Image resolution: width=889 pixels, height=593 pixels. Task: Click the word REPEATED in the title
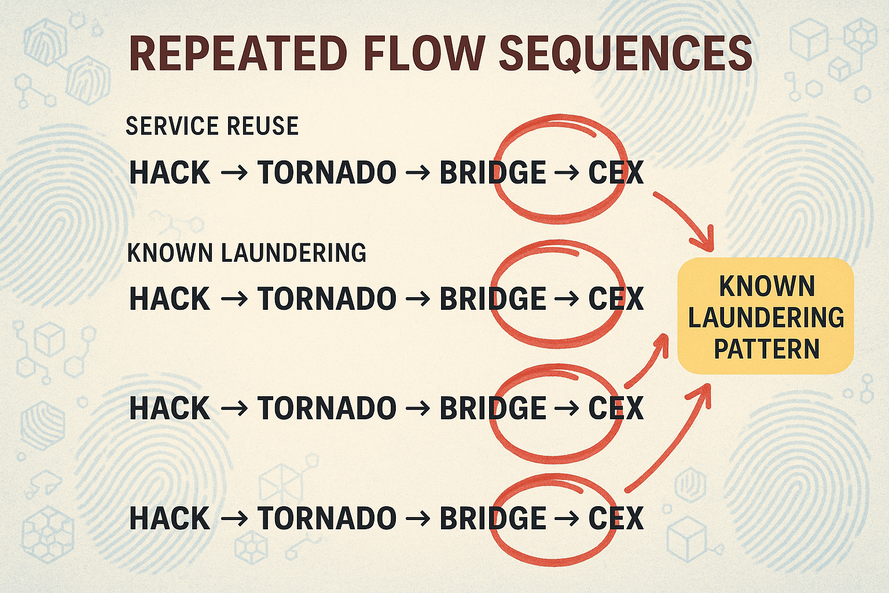click(x=237, y=54)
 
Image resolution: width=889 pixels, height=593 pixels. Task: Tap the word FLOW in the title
click(x=425, y=54)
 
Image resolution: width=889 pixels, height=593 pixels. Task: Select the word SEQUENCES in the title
click(x=625, y=54)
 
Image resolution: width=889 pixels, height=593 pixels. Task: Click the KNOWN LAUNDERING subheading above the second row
click(x=247, y=253)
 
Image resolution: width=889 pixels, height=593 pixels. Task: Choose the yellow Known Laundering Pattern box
click(x=766, y=316)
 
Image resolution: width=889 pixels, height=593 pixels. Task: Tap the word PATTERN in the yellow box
click(x=766, y=349)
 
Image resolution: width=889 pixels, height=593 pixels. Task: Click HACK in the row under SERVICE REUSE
click(x=170, y=173)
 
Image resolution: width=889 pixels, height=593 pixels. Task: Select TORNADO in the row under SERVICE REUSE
click(x=327, y=173)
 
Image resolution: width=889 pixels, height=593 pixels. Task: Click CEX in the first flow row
click(x=616, y=173)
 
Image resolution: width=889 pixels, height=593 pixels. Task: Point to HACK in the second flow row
click(x=170, y=299)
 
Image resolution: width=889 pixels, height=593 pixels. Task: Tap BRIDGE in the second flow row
click(x=493, y=299)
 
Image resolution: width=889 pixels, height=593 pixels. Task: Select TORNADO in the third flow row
click(x=327, y=408)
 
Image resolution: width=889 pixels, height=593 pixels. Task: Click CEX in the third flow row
click(x=616, y=408)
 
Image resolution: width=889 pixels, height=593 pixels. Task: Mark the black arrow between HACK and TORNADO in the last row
click(x=234, y=518)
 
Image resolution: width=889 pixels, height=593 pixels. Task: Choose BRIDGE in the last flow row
click(x=493, y=518)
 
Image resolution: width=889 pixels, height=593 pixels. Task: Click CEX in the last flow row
click(x=616, y=518)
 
